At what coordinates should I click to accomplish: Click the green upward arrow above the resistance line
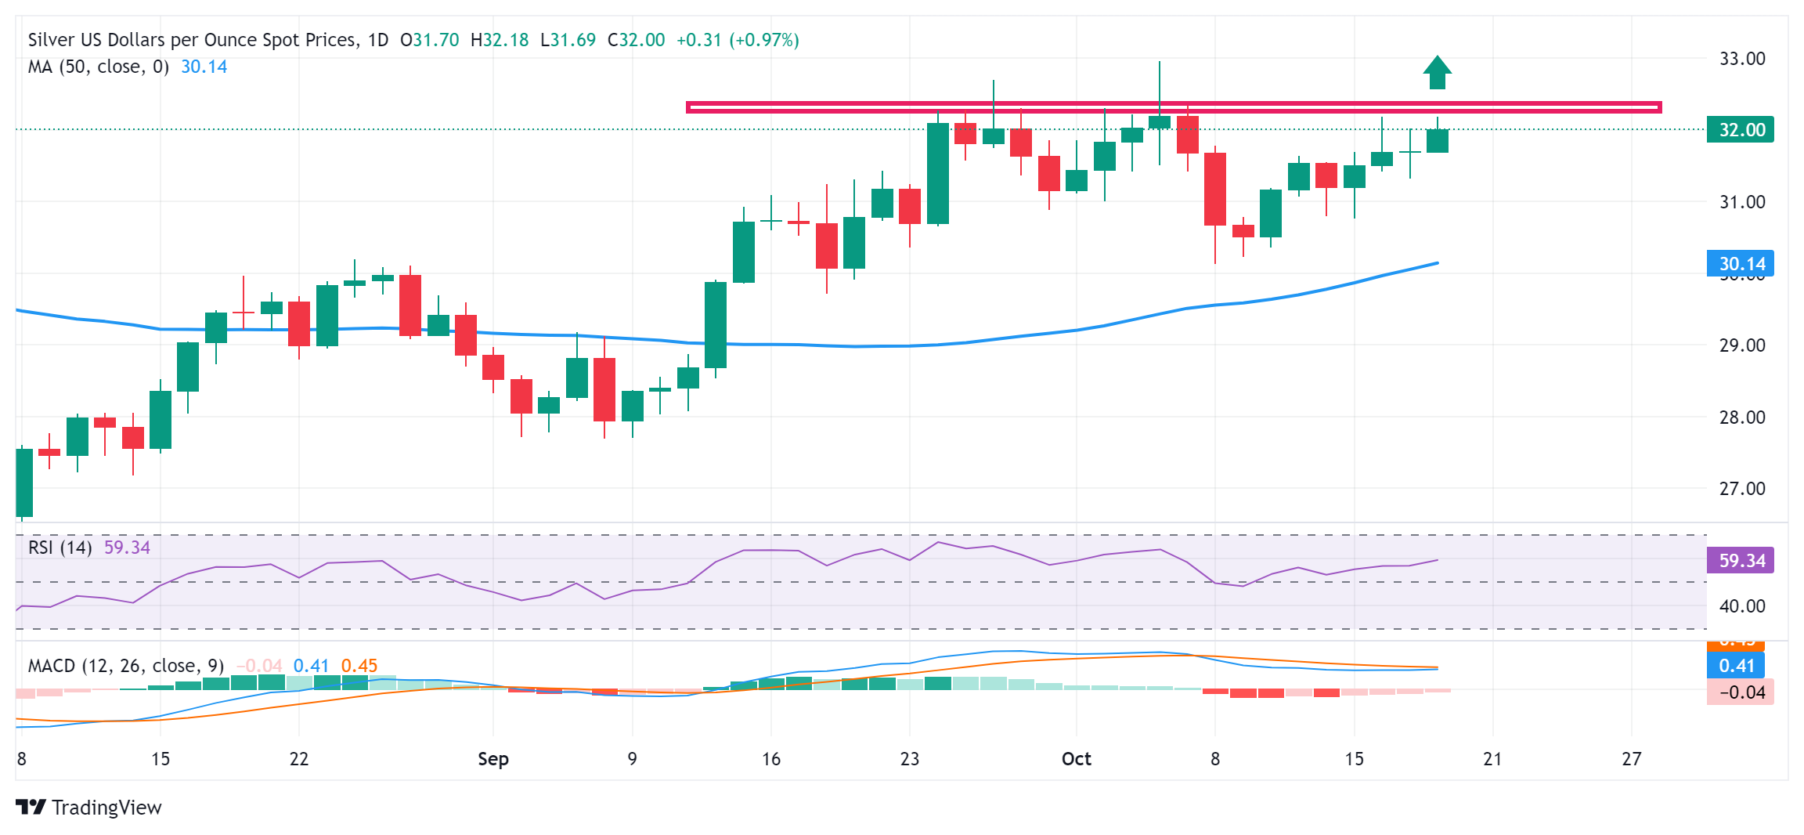point(1437,72)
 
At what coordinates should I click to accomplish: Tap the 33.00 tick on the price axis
point(1741,59)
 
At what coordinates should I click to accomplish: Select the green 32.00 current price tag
point(1740,129)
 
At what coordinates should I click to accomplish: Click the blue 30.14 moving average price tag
point(1740,263)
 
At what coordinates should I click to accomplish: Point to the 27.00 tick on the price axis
point(1741,489)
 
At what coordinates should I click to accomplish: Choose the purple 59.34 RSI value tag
point(1740,560)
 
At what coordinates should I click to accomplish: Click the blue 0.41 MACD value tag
point(1736,666)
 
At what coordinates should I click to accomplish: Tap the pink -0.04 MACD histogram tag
point(1740,692)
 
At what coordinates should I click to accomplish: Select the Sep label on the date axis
point(493,759)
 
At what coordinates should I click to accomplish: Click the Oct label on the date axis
point(1076,759)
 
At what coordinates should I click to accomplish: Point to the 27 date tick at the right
point(1631,759)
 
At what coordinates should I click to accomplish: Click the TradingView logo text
point(106,808)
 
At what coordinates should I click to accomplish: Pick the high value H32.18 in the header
point(500,40)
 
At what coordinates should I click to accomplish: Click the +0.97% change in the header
point(763,40)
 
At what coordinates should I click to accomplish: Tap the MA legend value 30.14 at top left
point(204,67)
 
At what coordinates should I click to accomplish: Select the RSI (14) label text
point(60,548)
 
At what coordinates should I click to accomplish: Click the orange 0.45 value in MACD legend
point(359,666)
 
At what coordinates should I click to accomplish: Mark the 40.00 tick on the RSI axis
point(1741,606)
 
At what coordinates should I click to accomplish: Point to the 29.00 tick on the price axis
point(1741,345)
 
